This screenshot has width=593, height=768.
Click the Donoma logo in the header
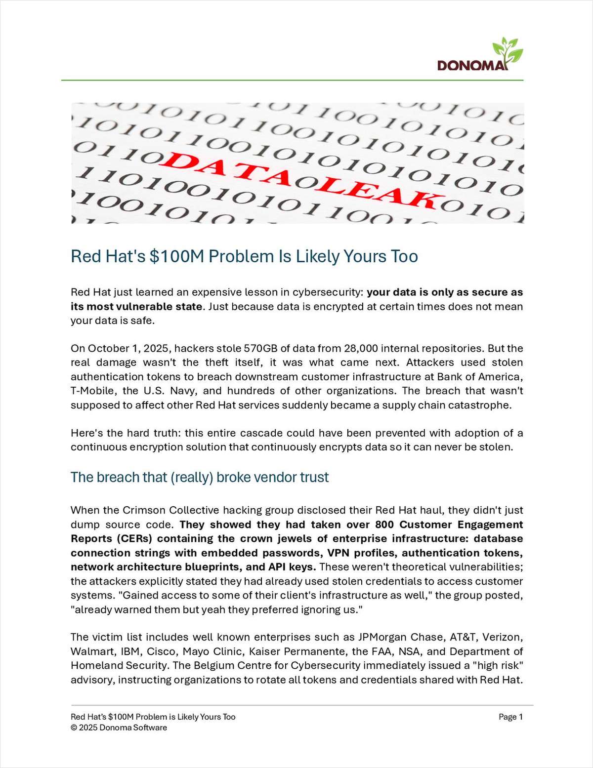(x=472, y=65)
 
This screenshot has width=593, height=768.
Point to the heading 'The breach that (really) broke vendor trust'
(x=200, y=477)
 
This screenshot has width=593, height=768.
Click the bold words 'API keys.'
(x=294, y=566)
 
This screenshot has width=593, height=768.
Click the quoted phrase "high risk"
(x=500, y=665)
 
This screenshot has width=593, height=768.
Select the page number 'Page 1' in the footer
(x=510, y=717)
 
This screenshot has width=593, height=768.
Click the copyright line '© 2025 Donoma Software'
(x=119, y=728)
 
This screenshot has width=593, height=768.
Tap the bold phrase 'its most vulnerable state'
(x=136, y=306)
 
